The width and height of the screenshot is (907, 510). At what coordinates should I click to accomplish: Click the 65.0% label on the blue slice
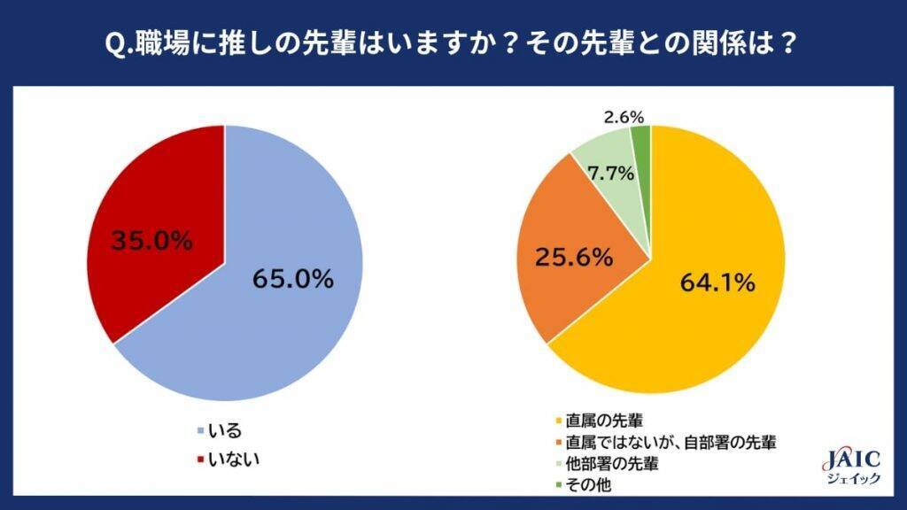(x=292, y=280)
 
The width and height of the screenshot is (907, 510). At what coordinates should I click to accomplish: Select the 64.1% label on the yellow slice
(x=717, y=283)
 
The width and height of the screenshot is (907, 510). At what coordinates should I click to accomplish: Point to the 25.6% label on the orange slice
(x=574, y=258)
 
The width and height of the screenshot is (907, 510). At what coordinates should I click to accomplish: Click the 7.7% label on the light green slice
(x=611, y=174)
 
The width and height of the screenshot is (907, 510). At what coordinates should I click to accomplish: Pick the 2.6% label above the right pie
(x=624, y=116)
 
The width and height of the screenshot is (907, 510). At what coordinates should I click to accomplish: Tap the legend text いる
(x=224, y=431)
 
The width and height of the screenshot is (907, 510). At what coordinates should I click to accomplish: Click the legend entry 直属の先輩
(x=601, y=421)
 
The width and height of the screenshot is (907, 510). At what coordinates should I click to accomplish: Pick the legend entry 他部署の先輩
(x=612, y=463)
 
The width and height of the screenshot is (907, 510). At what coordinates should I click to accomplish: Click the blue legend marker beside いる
(x=198, y=432)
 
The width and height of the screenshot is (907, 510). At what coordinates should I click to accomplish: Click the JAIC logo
(x=852, y=459)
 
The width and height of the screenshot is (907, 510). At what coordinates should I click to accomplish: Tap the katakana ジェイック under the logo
(x=852, y=479)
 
